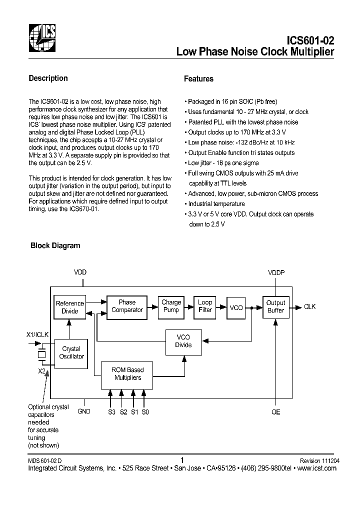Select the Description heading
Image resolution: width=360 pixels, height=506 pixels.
click(48, 78)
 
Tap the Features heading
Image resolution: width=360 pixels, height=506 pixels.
click(198, 79)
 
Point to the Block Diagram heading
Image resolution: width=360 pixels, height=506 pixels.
click(55, 245)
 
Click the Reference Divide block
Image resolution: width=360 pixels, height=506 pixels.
click(70, 307)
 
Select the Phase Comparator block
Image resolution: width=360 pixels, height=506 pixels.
click(127, 306)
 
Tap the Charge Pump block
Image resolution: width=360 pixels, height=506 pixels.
click(171, 306)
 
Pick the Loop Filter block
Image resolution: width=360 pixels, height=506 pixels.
click(205, 306)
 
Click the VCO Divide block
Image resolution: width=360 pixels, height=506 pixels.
click(183, 341)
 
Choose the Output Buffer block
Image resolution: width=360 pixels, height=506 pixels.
click(275, 306)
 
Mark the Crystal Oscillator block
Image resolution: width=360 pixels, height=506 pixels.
click(71, 352)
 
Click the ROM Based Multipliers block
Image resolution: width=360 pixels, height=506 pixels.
click(128, 374)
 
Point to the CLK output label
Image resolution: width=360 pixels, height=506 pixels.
click(310, 306)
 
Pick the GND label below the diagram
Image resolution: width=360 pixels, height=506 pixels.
click(84, 411)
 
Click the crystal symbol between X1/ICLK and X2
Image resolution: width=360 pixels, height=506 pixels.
click(42, 354)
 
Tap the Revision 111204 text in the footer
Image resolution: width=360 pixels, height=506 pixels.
click(318, 460)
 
